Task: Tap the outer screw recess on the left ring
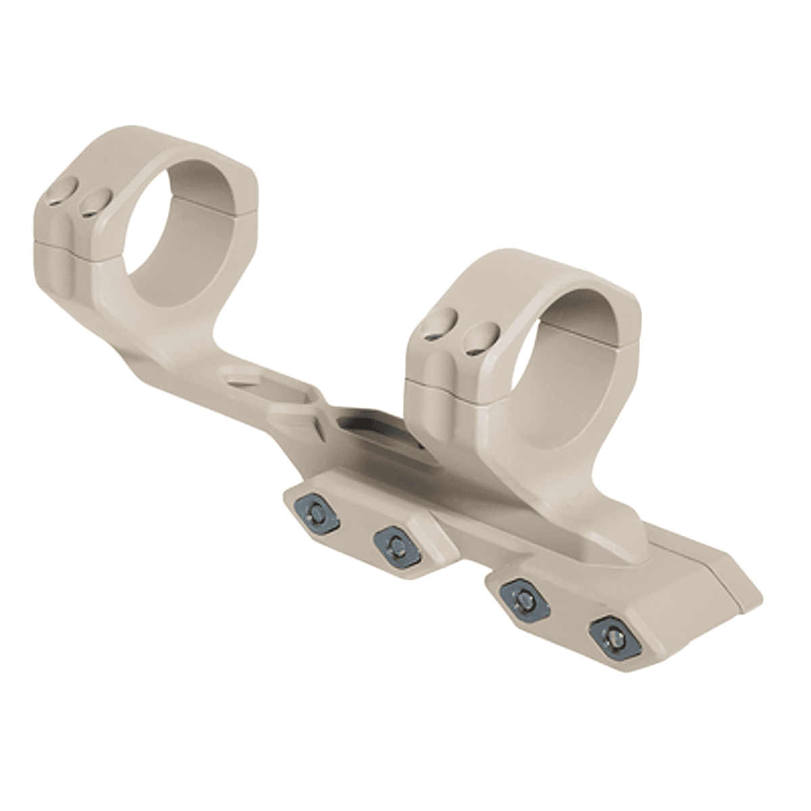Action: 57,198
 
